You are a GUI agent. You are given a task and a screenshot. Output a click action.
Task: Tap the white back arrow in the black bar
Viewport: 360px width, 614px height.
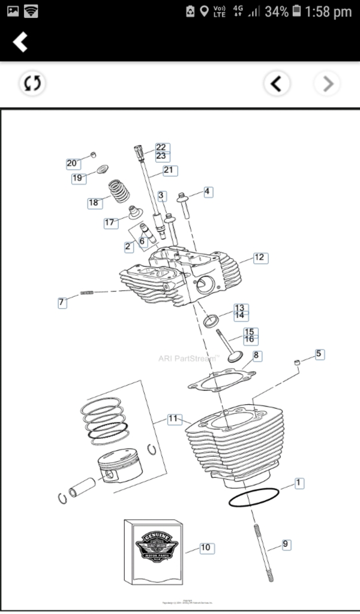pyautogui.click(x=21, y=42)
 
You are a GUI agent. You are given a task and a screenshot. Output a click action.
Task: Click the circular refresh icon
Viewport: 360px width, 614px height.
pyautogui.click(x=32, y=83)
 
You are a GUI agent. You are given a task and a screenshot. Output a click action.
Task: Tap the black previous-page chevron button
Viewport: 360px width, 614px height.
pyautogui.click(x=277, y=84)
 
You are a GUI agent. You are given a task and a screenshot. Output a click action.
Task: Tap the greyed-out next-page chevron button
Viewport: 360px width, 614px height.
pyautogui.click(x=328, y=84)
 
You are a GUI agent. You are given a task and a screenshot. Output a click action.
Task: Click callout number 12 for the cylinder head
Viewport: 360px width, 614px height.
pyautogui.click(x=259, y=258)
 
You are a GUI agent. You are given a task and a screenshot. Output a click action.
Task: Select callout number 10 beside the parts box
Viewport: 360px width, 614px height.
pyautogui.click(x=205, y=547)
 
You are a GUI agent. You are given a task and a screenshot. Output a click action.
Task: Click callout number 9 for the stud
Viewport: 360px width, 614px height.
pyautogui.click(x=286, y=544)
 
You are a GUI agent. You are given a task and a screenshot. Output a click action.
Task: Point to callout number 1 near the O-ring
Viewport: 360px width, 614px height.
pyautogui.click(x=299, y=483)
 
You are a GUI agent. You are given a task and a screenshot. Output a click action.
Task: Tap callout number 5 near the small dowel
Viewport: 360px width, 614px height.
pyautogui.click(x=319, y=354)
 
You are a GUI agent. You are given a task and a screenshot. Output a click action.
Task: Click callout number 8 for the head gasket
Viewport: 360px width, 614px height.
pyautogui.click(x=257, y=356)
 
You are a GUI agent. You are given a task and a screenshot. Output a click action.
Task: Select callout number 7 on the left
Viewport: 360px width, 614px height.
pyautogui.click(x=61, y=303)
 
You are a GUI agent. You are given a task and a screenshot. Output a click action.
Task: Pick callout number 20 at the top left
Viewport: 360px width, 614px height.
pyautogui.click(x=72, y=163)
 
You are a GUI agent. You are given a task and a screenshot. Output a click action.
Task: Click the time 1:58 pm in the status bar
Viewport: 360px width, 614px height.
pyautogui.click(x=328, y=11)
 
